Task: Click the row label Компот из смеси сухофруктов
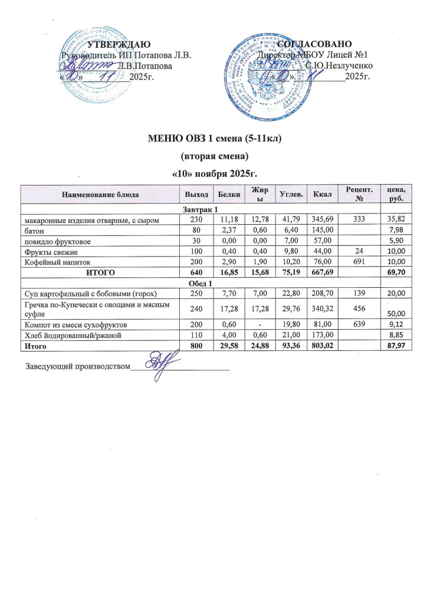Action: pos(70,325)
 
